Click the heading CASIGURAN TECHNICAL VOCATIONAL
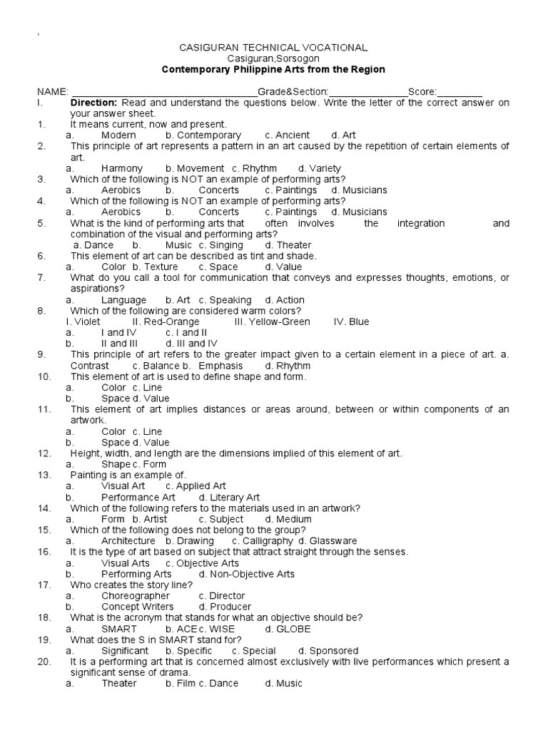[273, 47]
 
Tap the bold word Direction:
[93, 102]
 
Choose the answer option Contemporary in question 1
[208, 135]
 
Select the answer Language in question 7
[123, 300]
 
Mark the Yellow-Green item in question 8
[272, 322]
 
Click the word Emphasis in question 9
[205, 366]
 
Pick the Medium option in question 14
[294, 519]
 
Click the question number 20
[44, 662]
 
